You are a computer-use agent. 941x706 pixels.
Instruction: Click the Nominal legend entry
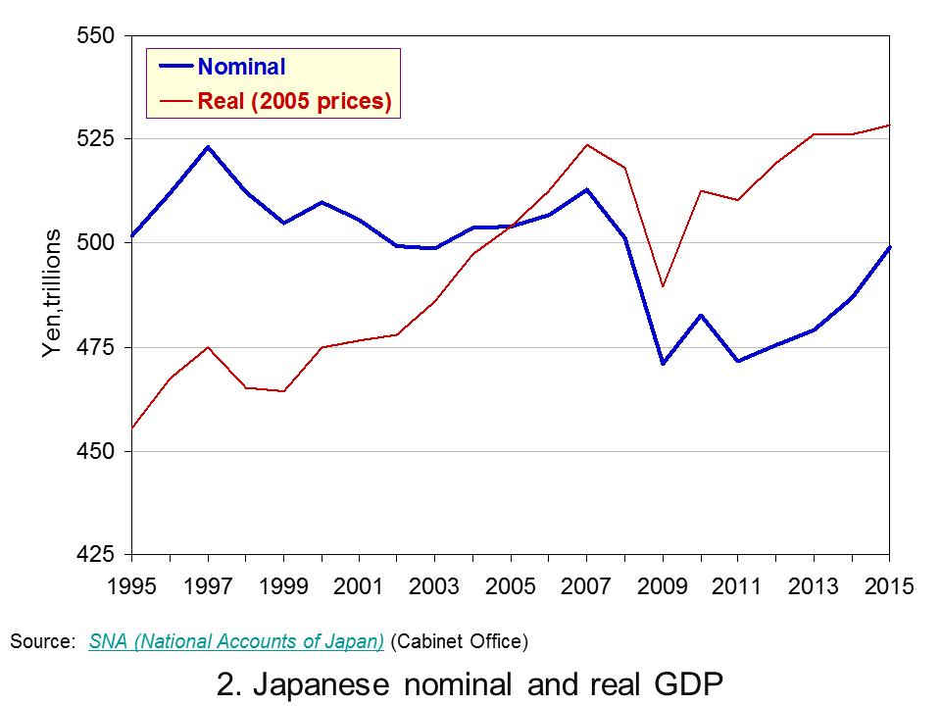pyautogui.click(x=223, y=67)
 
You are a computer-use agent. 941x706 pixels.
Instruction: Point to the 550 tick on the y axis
pyautogui.click(x=95, y=35)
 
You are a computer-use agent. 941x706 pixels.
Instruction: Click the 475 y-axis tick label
pyautogui.click(x=95, y=347)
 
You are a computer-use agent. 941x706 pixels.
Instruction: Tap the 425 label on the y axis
pyautogui.click(x=95, y=554)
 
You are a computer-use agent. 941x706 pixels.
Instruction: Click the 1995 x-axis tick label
pyautogui.click(x=131, y=586)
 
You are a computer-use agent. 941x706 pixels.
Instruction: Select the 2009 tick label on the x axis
pyautogui.click(x=662, y=586)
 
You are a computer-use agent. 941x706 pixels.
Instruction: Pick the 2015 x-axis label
pyautogui.click(x=889, y=586)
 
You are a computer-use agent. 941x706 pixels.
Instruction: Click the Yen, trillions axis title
pyautogui.click(x=52, y=293)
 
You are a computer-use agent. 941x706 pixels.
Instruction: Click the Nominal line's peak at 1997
pyautogui.click(x=208, y=147)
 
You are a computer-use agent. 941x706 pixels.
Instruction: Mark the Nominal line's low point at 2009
pyautogui.click(x=663, y=363)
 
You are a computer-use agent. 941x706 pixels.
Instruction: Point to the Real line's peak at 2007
pyautogui.click(x=586, y=145)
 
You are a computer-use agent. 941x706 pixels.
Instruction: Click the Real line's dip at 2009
pyautogui.click(x=663, y=286)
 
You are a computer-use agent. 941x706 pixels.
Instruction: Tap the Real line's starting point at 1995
pyautogui.click(x=132, y=429)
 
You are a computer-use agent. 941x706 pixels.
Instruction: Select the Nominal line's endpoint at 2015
pyautogui.click(x=889, y=247)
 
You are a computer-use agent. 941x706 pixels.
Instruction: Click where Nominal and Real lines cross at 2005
pyautogui.click(x=512, y=227)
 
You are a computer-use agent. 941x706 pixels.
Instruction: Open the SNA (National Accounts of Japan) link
pyautogui.click(x=236, y=641)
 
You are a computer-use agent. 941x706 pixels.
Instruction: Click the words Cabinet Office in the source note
pyautogui.click(x=460, y=641)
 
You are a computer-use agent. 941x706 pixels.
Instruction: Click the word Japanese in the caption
pyautogui.click(x=322, y=684)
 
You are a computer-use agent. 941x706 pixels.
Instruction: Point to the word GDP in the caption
pyautogui.click(x=688, y=683)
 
